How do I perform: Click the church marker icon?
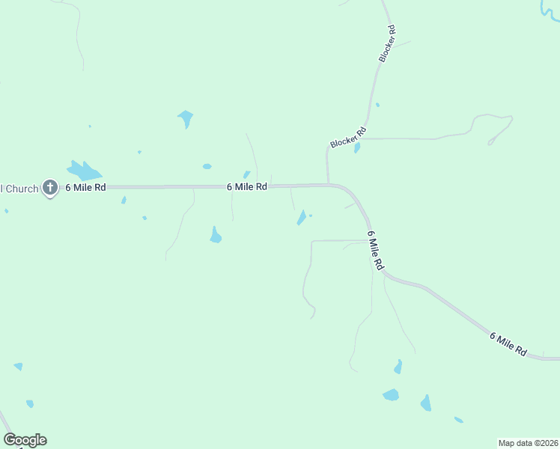coord(50,187)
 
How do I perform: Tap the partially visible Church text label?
coord(19,188)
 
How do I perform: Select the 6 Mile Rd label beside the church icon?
coord(85,187)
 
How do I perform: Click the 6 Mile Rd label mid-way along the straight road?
coord(247,186)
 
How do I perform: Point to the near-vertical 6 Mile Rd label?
coord(376,250)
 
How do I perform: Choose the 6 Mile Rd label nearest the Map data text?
coord(509,343)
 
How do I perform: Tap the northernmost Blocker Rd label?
coord(386,43)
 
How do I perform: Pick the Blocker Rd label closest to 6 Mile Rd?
coord(348,138)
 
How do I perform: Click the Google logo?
coord(25,440)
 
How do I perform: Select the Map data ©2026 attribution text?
coord(528,443)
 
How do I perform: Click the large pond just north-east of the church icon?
coord(84,170)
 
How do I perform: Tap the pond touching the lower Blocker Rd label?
coord(357,147)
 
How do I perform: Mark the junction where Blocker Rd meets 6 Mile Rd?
coord(328,183)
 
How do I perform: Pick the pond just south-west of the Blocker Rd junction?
coord(301,217)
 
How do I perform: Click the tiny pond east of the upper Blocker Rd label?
coord(377,105)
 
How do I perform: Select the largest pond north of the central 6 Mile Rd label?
coord(185,117)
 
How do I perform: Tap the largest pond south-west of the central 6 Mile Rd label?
coord(216,235)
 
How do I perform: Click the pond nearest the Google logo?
coord(29,403)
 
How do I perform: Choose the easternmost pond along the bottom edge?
coord(458,420)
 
